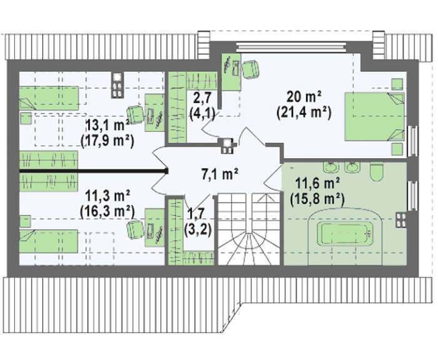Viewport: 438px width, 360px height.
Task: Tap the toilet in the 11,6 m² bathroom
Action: coord(376,172)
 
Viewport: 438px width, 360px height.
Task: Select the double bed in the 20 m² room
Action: coord(374,117)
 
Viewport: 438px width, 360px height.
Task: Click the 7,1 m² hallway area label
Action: coord(220,174)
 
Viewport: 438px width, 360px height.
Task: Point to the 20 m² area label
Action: coord(304,97)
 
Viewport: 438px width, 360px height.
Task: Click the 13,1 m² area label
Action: coord(108,125)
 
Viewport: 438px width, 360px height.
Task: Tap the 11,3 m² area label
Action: coord(108,196)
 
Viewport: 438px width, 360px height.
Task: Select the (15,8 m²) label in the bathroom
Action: coord(317,199)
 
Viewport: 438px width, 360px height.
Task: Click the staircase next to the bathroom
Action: coord(248,229)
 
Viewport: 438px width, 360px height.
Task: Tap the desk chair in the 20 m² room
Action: coord(250,69)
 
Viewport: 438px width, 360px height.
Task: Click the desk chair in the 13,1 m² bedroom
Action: coord(135,115)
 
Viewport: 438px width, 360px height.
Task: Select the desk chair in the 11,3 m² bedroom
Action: coord(135,229)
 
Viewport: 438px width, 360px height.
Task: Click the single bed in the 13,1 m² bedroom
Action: coord(49,98)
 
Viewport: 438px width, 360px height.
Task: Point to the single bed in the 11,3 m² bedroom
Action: coord(48,241)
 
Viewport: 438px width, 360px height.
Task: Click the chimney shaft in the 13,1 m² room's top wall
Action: coord(118,85)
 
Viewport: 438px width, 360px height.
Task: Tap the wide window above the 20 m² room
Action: coord(291,47)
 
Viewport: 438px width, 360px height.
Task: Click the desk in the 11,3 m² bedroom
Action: coord(155,227)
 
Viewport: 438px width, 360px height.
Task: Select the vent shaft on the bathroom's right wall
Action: coord(401,220)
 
